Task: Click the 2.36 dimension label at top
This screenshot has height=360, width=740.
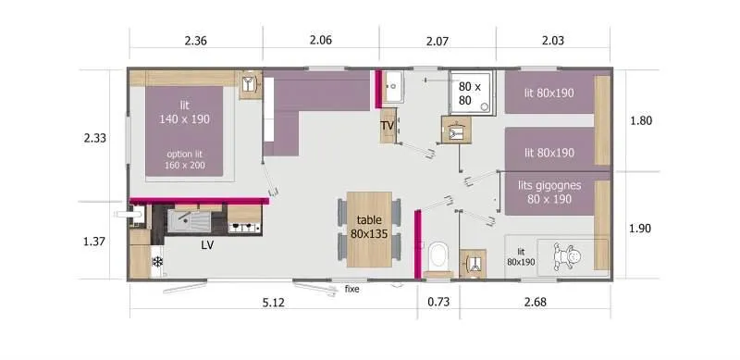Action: click(x=195, y=40)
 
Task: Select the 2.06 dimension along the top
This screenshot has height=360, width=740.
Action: click(x=320, y=40)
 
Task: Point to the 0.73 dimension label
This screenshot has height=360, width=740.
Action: click(x=438, y=302)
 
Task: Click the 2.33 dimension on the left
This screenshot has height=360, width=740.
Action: click(x=95, y=138)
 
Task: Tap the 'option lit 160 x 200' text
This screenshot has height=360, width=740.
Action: click(x=186, y=160)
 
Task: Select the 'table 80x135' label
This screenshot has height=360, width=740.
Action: click(x=368, y=228)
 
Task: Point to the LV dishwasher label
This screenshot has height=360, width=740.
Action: click(x=208, y=246)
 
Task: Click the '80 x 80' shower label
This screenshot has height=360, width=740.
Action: click(x=472, y=93)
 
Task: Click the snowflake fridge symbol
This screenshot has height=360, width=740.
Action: click(x=157, y=262)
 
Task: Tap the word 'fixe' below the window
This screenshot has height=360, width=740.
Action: click(x=351, y=289)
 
